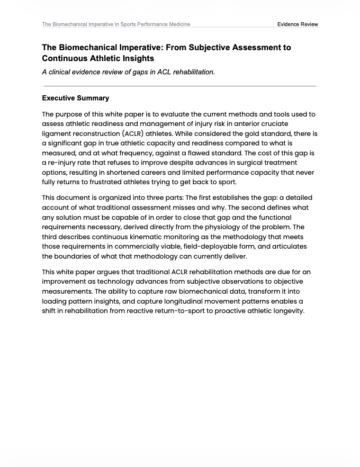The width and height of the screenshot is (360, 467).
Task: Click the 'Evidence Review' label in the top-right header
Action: [x=297, y=24]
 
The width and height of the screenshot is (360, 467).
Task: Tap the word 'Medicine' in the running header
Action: [x=177, y=24]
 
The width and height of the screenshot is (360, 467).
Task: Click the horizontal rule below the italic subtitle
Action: [x=180, y=86]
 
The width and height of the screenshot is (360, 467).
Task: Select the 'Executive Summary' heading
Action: [x=75, y=98]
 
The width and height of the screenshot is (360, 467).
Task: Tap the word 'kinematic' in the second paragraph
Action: [x=150, y=237]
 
